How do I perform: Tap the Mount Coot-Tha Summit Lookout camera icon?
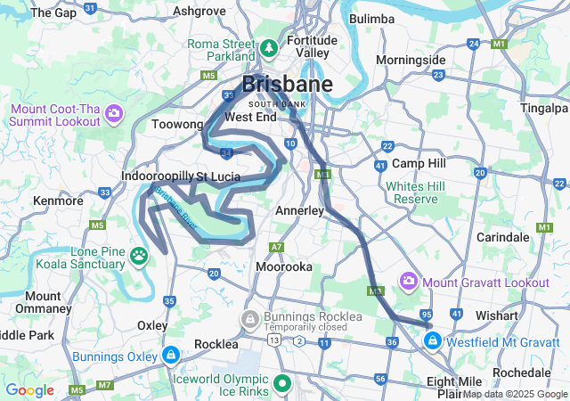[114, 112]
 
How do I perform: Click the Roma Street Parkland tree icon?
[269, 45]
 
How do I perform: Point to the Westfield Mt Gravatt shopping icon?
[433, 340]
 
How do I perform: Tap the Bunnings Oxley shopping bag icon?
[170, 356]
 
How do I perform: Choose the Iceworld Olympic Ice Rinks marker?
[283, 384]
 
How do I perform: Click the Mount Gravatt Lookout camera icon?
[409, 282]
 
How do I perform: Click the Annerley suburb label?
[299, 210]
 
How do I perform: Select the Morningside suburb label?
[411, 60]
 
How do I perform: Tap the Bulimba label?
[372, 18]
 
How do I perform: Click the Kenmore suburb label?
[58, 200]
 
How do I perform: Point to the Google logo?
[30, 390]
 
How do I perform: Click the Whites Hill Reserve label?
[414, 192]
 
